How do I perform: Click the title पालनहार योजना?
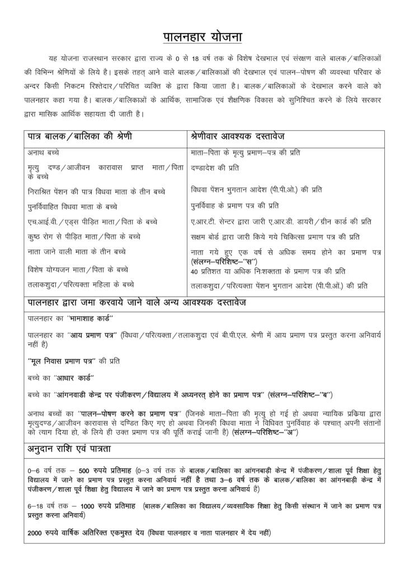tap(202, 37)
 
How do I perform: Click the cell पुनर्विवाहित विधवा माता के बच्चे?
tap(72, 206)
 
